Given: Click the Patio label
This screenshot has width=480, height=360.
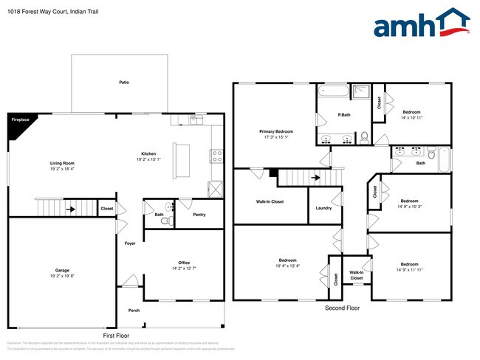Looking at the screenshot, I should [x=124, y=82].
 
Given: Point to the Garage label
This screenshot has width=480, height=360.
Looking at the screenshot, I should [x=62, y=270].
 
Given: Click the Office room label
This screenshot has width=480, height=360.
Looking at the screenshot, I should [x=184, y=263].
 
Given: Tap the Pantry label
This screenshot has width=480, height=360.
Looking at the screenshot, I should [x=199, y=215].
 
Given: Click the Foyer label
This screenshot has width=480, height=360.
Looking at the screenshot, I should [x=130, y=243].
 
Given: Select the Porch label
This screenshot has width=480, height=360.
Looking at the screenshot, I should [x=134, y=311].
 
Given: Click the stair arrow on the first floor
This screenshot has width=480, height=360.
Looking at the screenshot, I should [x=71, y=210].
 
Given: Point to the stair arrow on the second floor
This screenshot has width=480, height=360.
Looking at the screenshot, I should [x=315, y=177].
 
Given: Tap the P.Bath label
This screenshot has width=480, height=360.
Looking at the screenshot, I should [x=343, y=115].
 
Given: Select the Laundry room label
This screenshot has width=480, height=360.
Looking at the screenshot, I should [x=323, y=208].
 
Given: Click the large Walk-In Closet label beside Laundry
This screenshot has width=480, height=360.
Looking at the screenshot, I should [x=270, y=201].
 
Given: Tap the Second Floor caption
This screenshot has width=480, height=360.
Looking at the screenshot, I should [x=343, y=308].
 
